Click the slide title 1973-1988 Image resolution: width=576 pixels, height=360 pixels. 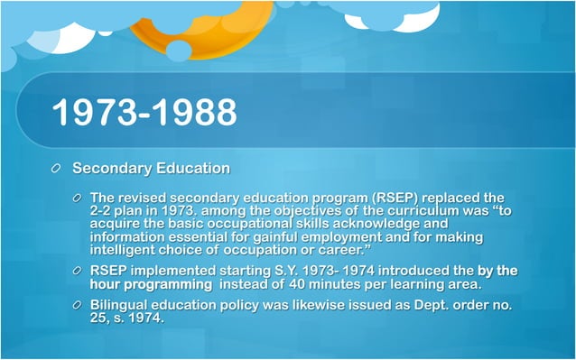coord(144,113)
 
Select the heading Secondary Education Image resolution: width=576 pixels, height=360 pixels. coord(151,168)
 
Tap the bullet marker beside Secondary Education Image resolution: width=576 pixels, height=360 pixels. coord(56,169)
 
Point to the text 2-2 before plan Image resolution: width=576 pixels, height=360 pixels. coord(105,210)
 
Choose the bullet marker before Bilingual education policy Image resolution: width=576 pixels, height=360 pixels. coord(79,305)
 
